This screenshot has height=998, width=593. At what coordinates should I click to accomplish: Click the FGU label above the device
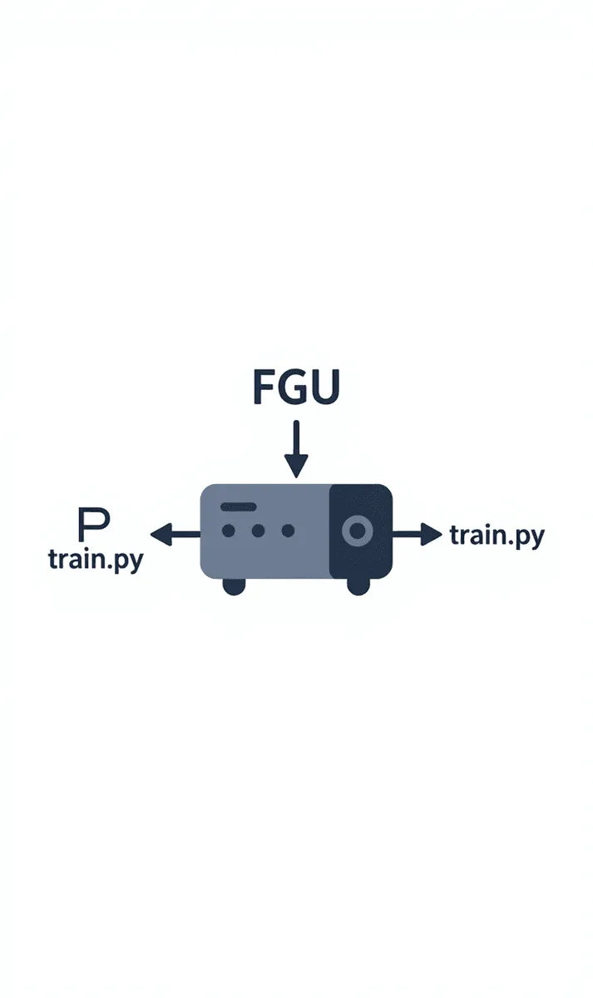coord(296,387)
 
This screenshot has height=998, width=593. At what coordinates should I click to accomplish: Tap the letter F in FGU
coord(264,387)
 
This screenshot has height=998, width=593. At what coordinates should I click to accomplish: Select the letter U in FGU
coord(325,387)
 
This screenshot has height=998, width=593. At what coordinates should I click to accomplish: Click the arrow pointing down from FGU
coord(296,449)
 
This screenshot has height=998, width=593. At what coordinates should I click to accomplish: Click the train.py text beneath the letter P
coord(95,559)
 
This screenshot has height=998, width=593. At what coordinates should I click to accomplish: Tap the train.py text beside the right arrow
coord(497,536)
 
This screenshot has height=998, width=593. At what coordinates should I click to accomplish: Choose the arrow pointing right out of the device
coord(417,534)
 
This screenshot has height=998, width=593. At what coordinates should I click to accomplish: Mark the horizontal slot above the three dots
coord(237,506)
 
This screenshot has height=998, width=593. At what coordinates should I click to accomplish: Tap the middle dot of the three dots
coord(258,530)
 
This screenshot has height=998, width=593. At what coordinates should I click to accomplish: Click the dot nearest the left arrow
coord(228,530)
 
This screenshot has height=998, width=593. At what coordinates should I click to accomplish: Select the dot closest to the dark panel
coord(288,530)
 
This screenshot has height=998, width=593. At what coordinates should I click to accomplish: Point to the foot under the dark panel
coord(358,586)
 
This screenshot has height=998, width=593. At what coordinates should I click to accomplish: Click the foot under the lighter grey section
coord(235,586)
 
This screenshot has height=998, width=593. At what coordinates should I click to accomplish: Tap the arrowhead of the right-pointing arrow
coord(432,534)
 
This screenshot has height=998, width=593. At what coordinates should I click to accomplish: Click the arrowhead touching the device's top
coord(296,467)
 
